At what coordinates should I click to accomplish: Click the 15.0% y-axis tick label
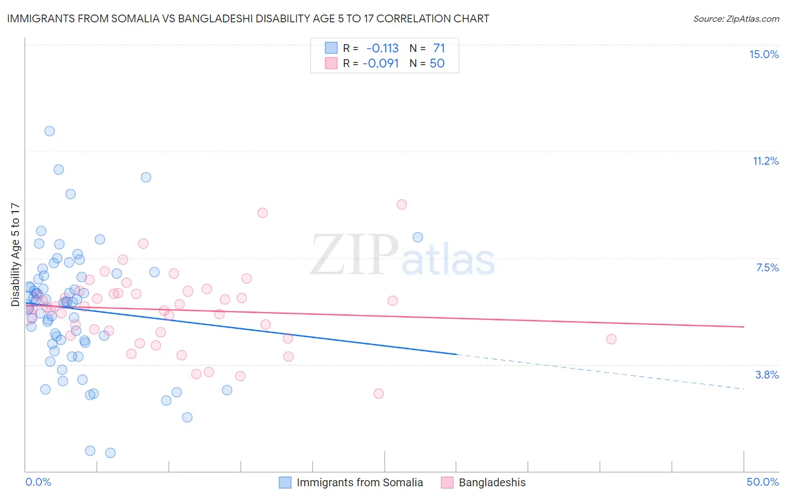[764, 54]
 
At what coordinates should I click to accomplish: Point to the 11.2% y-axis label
[765, 161]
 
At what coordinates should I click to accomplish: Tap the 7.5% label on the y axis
[767, 267]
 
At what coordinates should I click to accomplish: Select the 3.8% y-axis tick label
[767, 375]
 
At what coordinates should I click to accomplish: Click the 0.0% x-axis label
[38, 482]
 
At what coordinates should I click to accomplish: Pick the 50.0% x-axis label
[763, 482]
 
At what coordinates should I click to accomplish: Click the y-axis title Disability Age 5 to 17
[15, 255]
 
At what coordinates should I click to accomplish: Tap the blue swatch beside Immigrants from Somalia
[285, 482]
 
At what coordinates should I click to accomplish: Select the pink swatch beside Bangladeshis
[447, 482]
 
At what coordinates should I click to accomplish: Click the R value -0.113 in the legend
[382, 48]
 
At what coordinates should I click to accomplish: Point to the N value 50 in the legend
[437, 63]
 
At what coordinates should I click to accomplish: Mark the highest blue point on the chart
[49, 131]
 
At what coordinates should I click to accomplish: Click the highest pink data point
[401, 204]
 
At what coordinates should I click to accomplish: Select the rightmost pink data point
[611, 339]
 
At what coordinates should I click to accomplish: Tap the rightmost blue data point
[418, 237]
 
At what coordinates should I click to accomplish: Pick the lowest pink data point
[378, 394]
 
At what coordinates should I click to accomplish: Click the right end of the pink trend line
[744, 327]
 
